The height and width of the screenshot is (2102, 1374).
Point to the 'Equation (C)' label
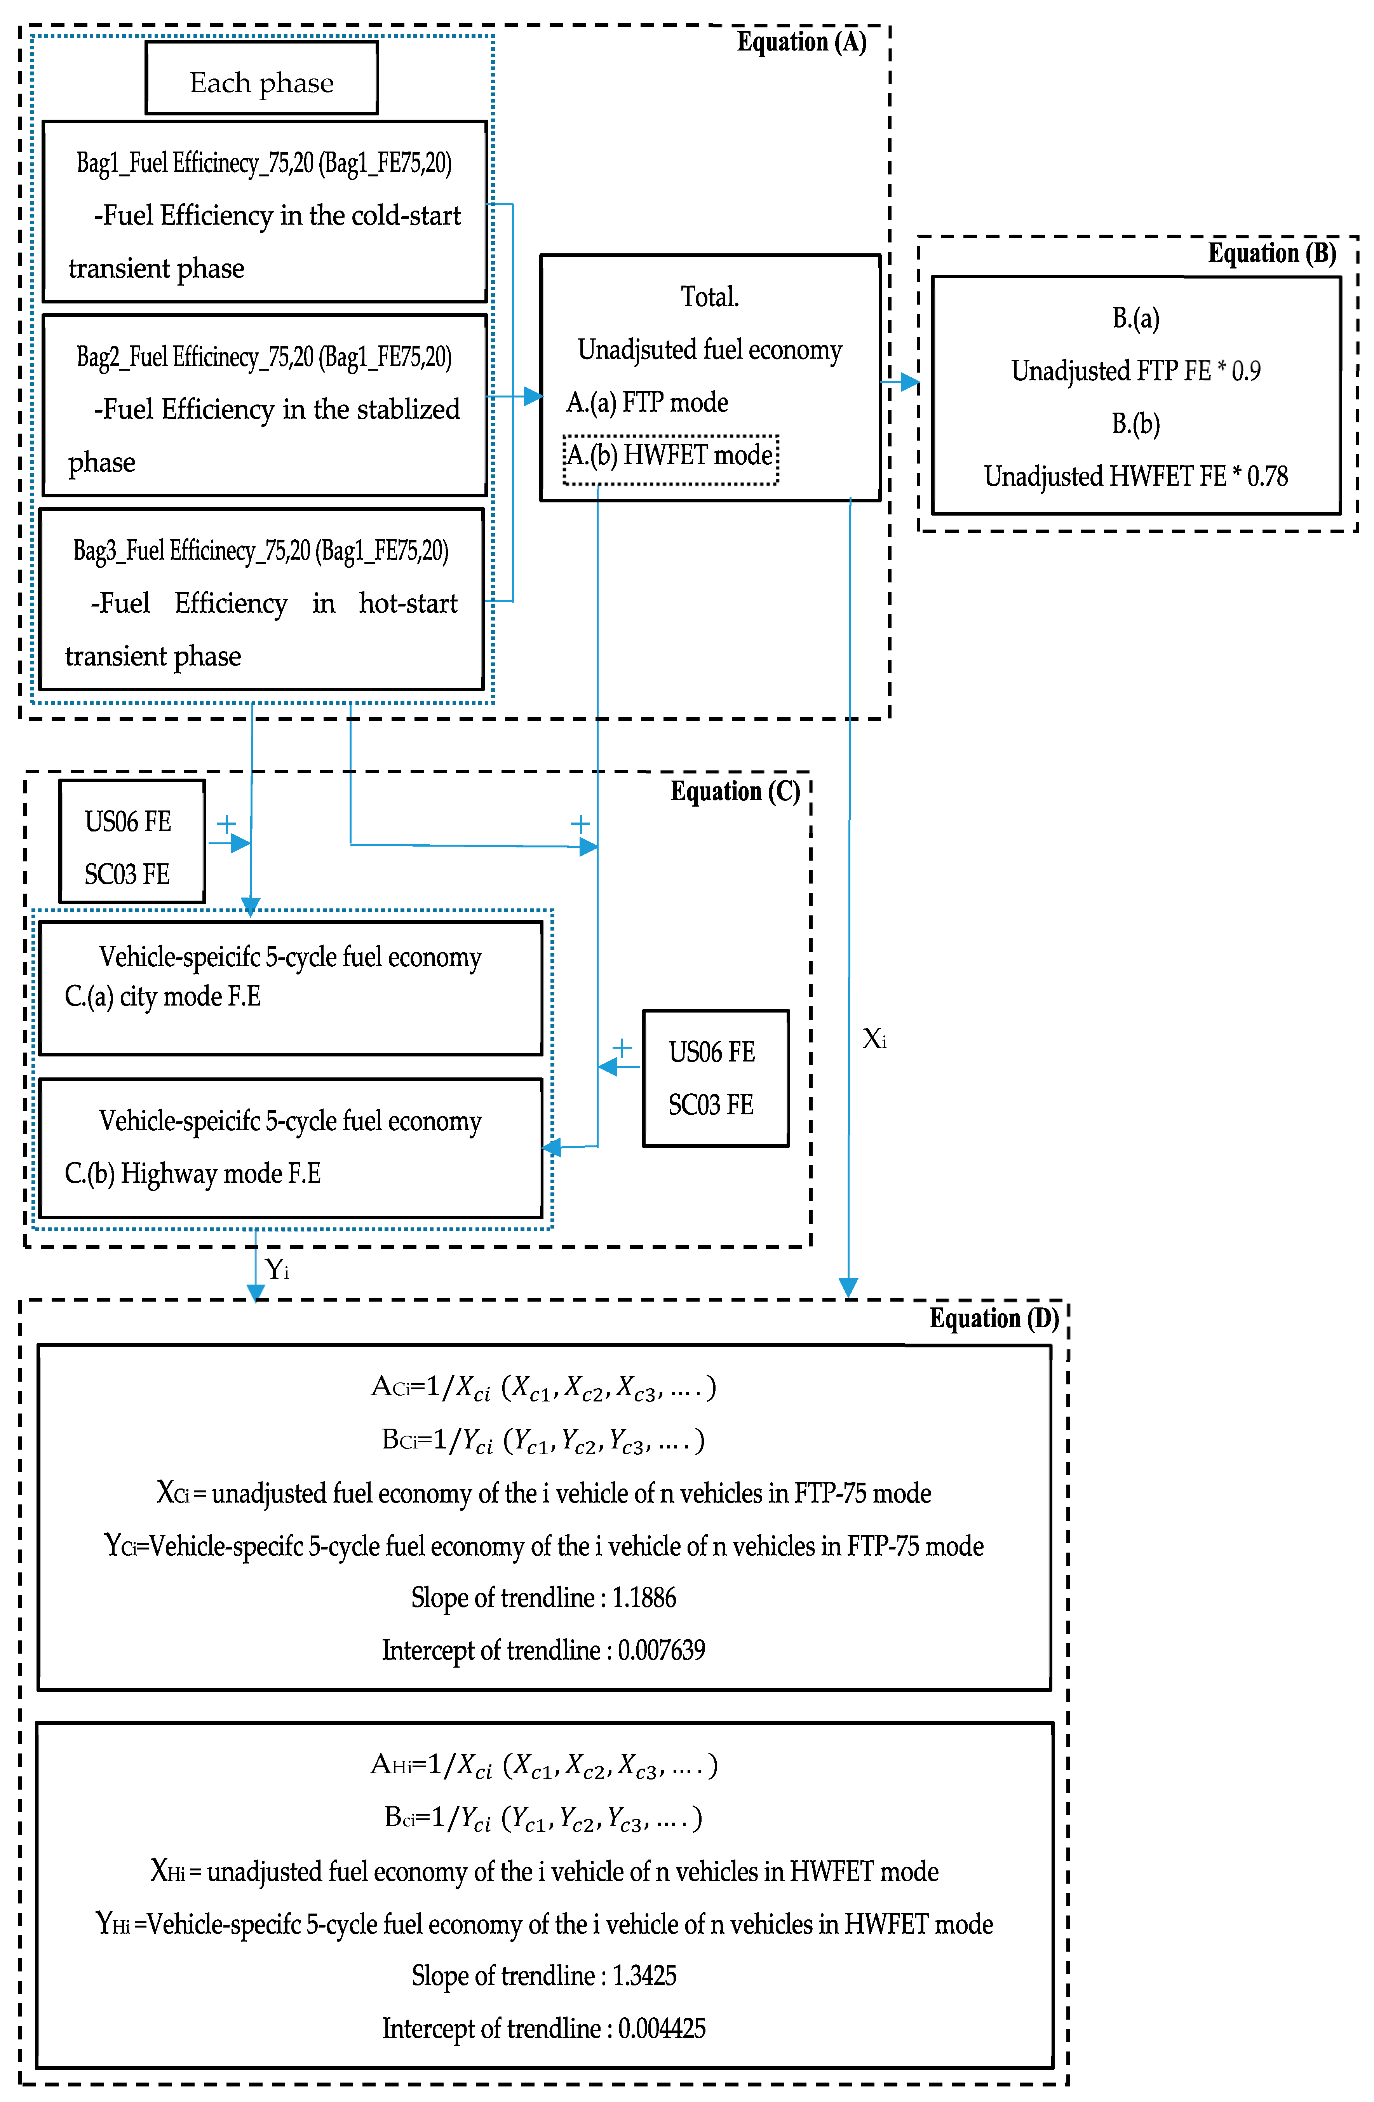735,791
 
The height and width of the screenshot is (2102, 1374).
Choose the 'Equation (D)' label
993,1319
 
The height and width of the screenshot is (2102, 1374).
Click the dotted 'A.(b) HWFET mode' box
670,458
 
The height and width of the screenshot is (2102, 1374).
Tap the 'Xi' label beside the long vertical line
873,1039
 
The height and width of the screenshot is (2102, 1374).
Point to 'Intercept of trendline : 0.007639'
543,1650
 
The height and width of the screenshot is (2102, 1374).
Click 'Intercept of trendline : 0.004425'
543,2028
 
